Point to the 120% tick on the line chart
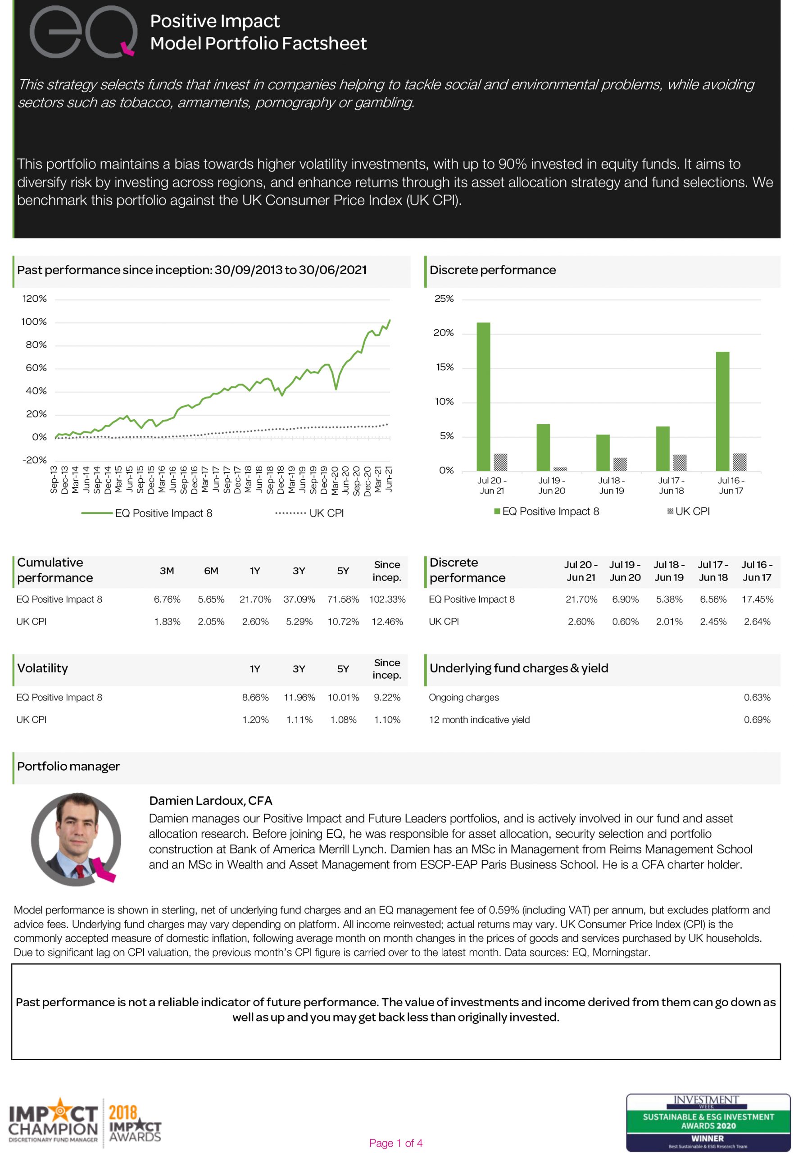[x=34, y=299]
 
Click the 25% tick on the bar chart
[x=444, y=299]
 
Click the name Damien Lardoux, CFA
[x=210, y=800]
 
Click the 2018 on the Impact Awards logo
[x=123, y=1112]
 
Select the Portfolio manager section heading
[x=68, y=766]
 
